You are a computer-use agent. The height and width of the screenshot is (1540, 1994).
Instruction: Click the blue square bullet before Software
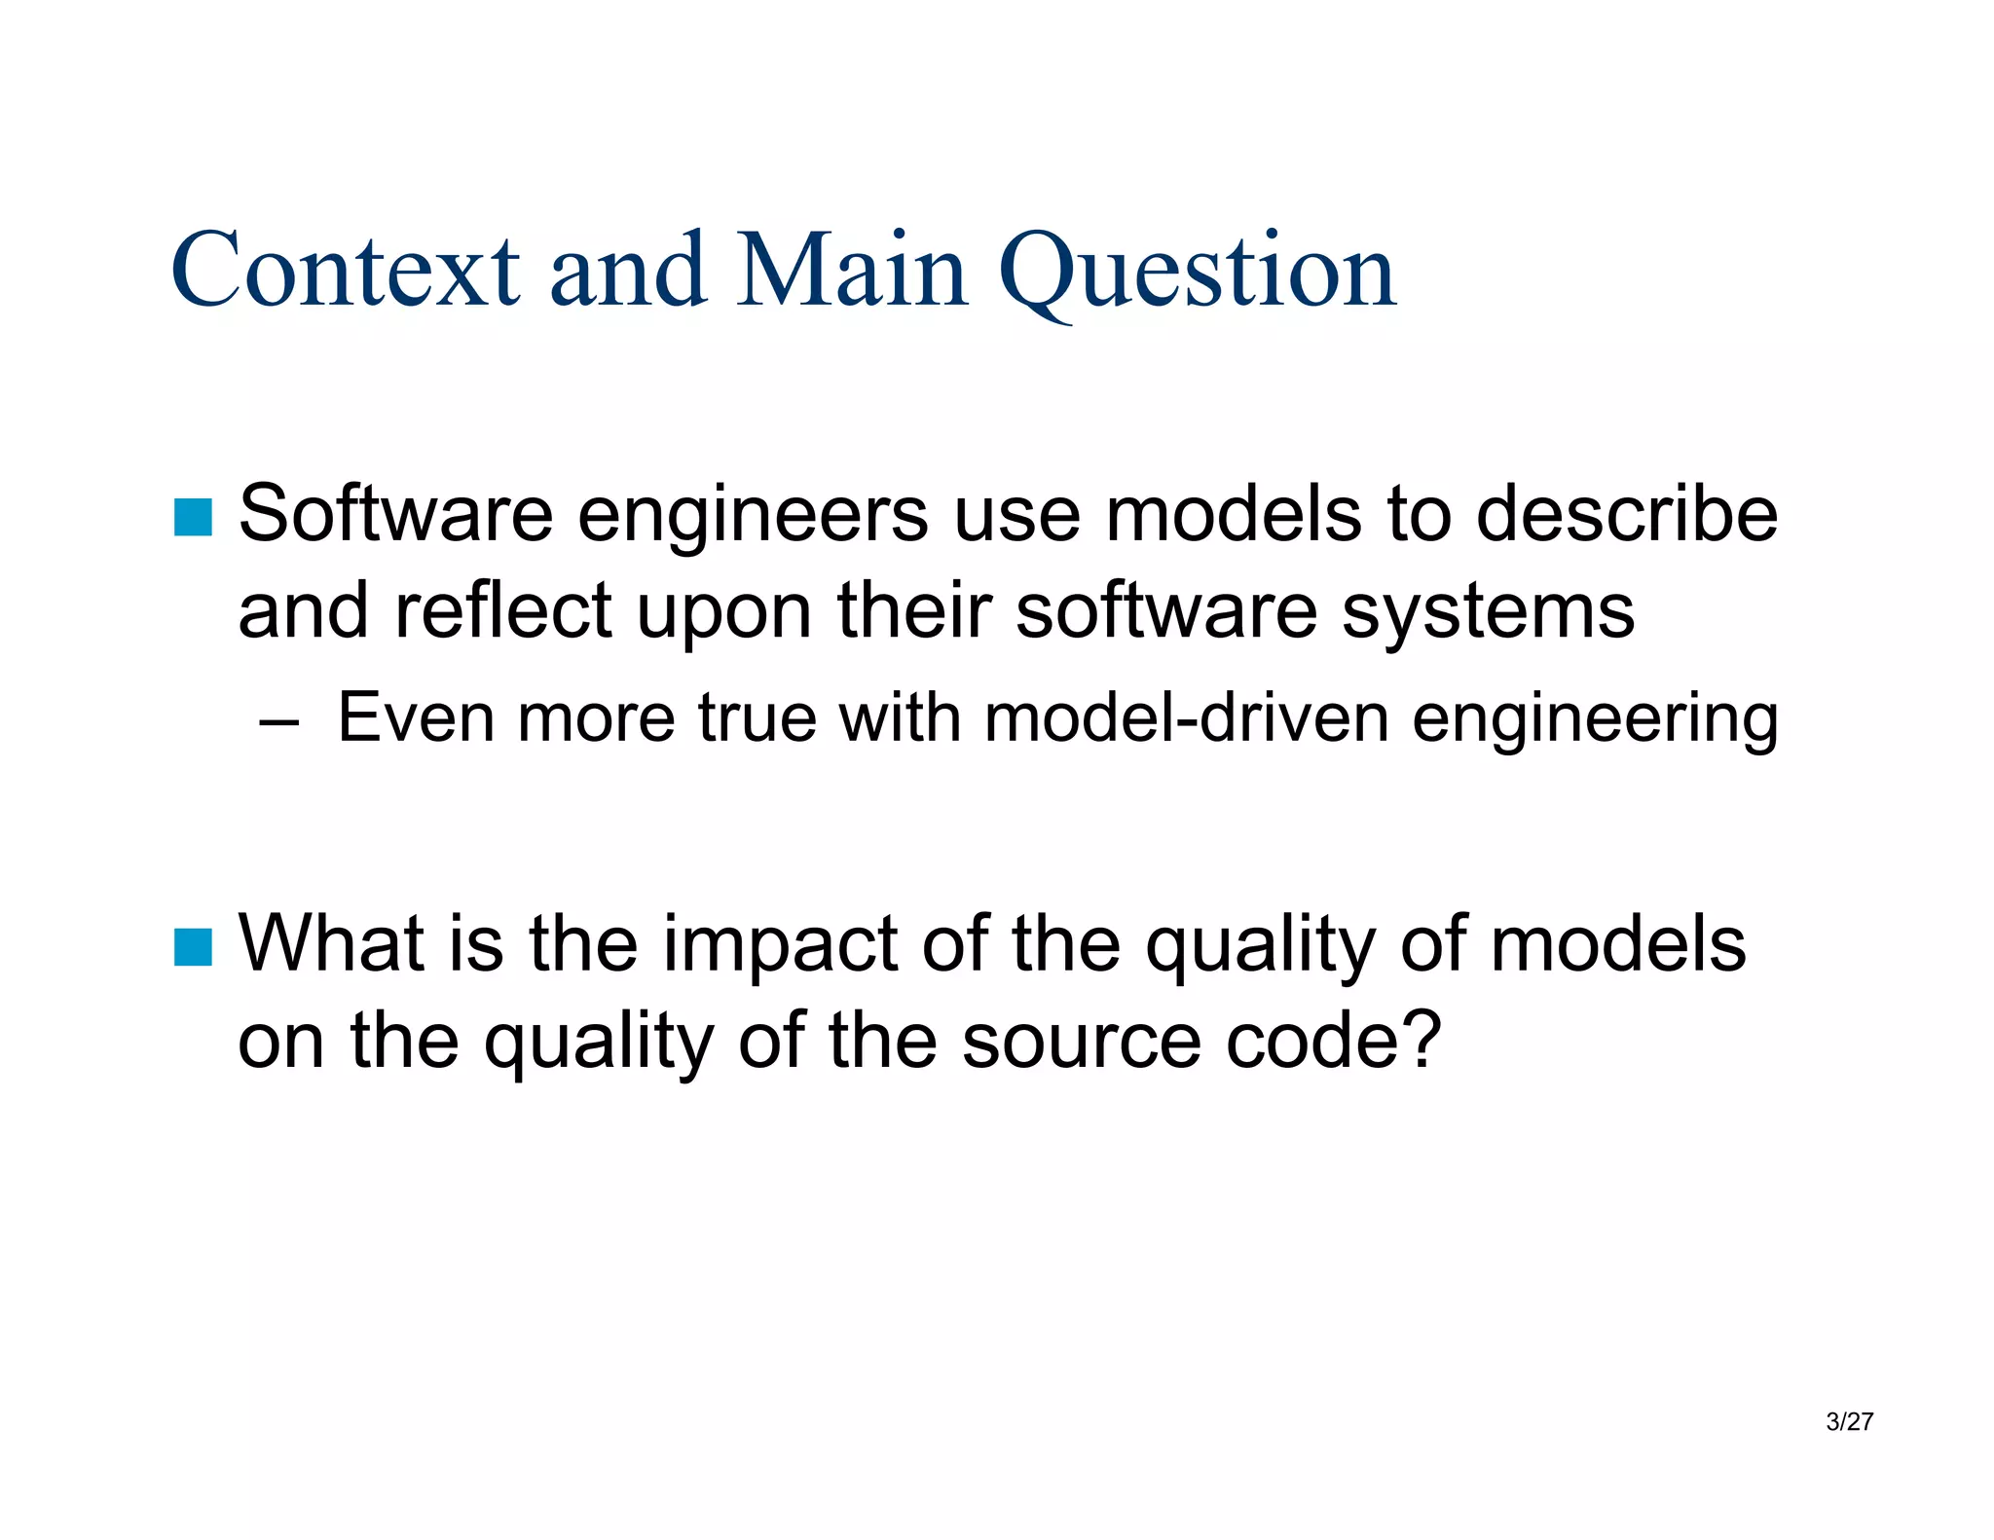pos(193,517)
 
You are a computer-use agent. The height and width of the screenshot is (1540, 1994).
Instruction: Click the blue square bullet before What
pos(193,946)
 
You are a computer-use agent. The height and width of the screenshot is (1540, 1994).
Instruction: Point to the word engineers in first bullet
pos(752,515)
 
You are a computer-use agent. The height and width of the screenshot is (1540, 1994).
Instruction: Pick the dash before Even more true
pos(278,721)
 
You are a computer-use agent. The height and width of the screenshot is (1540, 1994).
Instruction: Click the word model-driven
pos(1186,718)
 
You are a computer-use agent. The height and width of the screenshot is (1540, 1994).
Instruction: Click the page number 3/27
pos(1849,1422)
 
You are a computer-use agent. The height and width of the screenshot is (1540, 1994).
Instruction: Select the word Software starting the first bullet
pos(395,515)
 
